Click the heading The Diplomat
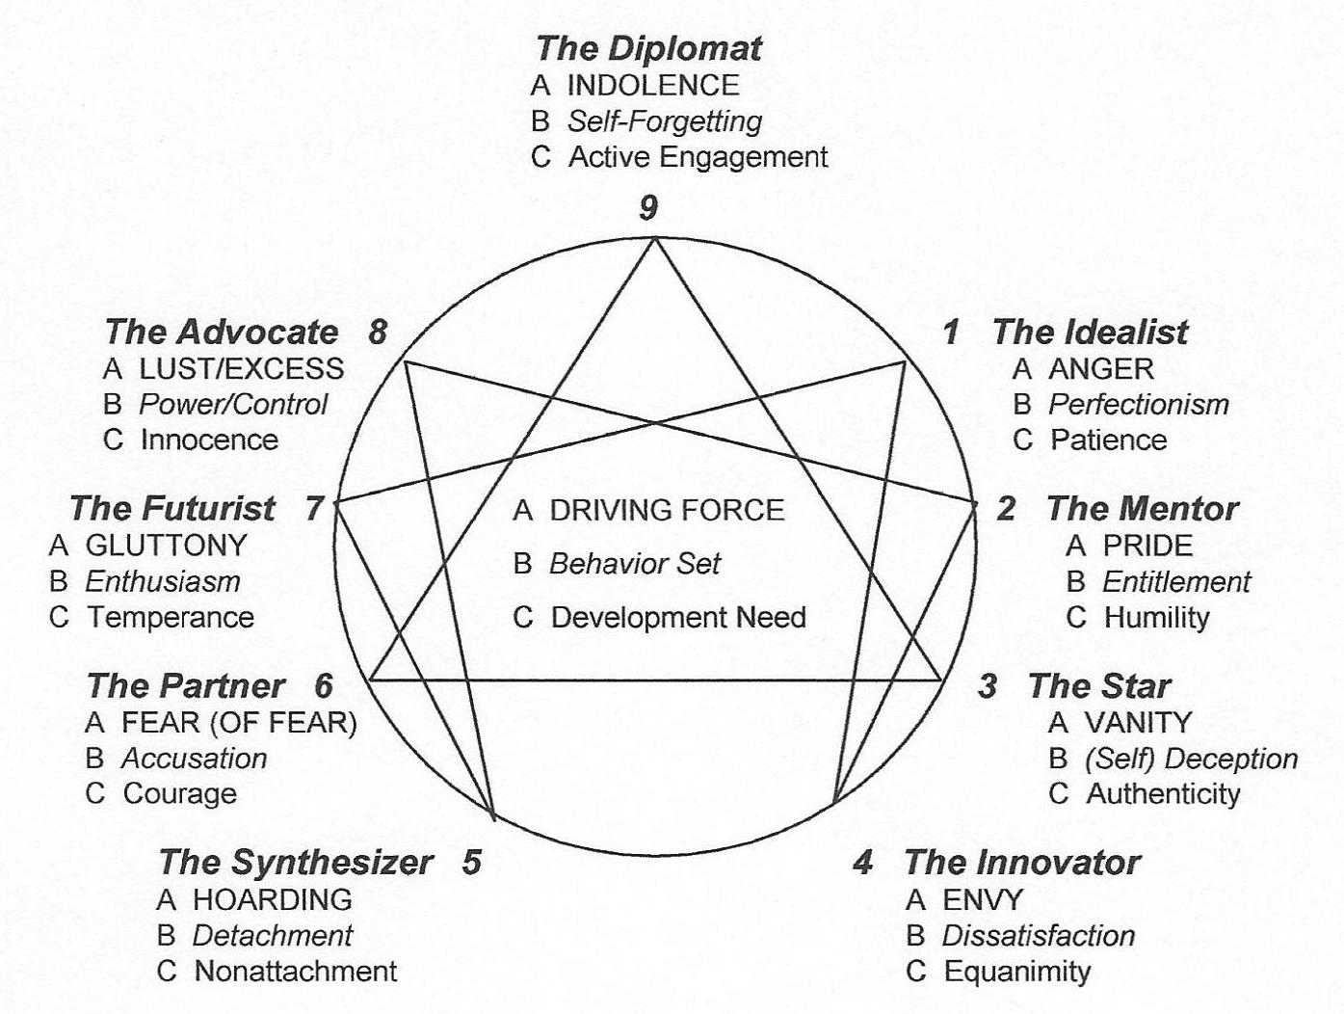(648, 48)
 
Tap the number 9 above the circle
(649, 207)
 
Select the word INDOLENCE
(653, 85)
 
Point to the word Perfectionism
(1139, 404)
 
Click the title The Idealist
(1090, 333)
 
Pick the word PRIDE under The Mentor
(1147, 546)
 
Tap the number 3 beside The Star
(988, 686)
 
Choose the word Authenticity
(1163, 793)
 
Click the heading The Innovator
(1021, 863)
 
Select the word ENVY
(983, 900)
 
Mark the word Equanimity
(1017, 971)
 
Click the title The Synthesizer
(295, 863)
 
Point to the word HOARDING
(273, 900)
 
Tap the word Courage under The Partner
(180, 793)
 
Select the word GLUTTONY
(167, 546)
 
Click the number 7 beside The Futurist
(314, 508)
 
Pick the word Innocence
(209, 440)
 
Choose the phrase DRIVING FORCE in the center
(667, 510)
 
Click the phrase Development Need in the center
(678, 617)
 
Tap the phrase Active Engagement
(698, 156)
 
